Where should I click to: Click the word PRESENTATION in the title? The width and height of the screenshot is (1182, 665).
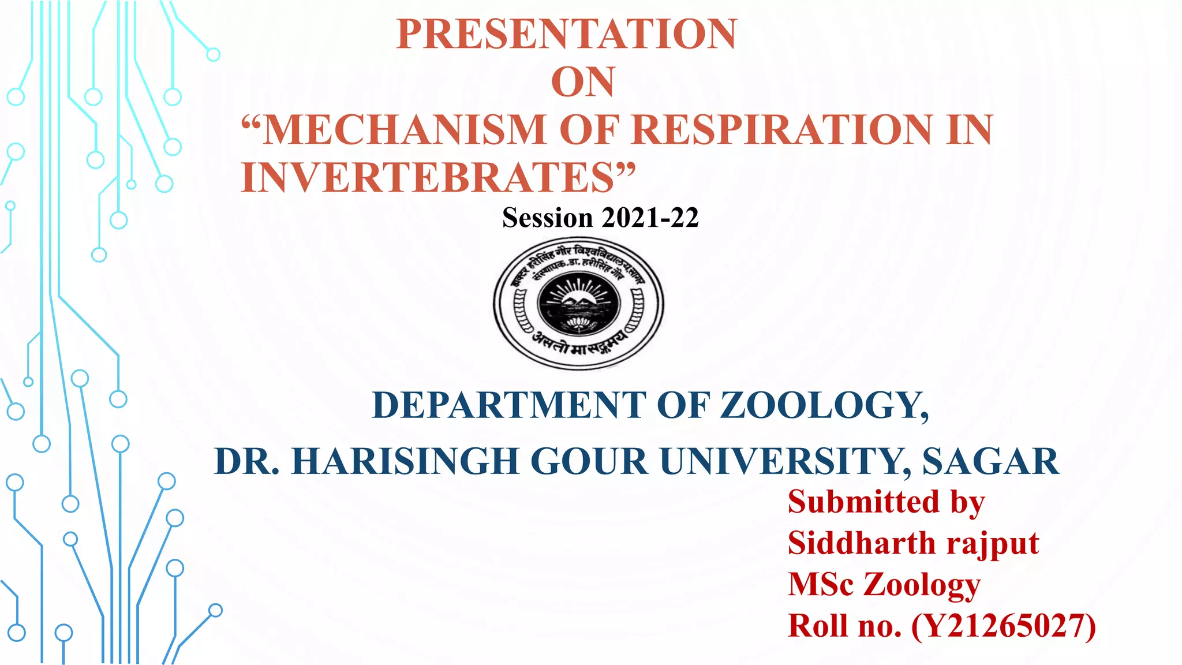pyautogui.click(x=566, y=34)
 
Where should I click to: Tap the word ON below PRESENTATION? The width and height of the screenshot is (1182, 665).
pyautogui.click(x=583, y=82)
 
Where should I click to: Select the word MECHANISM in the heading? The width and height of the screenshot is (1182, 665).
pyautogui.click(x=404, y=129)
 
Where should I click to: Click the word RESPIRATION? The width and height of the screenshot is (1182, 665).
pyautogui.click(x=782, y=129)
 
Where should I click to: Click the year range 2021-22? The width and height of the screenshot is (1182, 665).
pyautogui.click(x=650, y=218)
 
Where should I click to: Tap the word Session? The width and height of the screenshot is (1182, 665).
pyautogui.click(x=548, y=218)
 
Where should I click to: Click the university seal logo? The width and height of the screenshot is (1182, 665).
pyautogui.click(x=578, y=304)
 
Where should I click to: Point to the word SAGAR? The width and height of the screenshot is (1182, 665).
pyautogui.click(x=990, y=462)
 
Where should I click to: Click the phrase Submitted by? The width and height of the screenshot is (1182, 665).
pyautogui.click(x=886, y=502)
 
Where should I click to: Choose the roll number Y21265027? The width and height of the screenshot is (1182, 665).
pyautogui.click(x=1004, y=626)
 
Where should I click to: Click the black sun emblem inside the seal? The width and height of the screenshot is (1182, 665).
pyautogui.click(x=579, y=301)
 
